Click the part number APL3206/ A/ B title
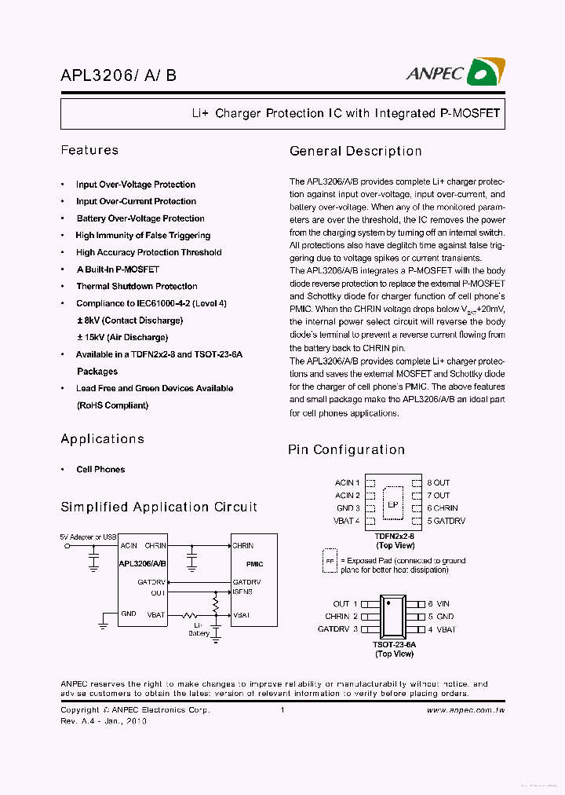point(118,75)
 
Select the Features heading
point(89,150)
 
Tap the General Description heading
point(355,151)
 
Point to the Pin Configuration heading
point(346,449)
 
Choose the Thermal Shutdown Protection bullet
point(137,287)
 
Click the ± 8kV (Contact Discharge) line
point(129,321)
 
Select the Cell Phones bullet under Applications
point(100,470)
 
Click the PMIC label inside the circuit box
point(254,564)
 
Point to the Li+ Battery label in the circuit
point(199,628)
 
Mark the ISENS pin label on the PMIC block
point(242,592)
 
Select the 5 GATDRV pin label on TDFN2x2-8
point(446,521)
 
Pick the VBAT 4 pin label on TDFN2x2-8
point(346,521)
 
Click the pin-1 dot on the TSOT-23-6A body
point(388,603)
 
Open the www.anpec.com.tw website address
point(465,710)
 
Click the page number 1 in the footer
point(282,710)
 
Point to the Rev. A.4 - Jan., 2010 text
point(104,720)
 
